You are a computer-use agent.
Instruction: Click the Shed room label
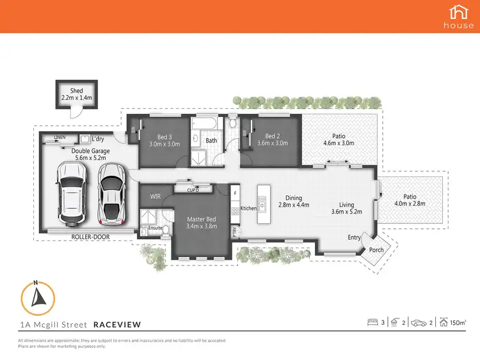tap(76, 91)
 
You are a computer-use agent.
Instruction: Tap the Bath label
tap(211, 140)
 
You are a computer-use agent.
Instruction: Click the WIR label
tap(156, 197)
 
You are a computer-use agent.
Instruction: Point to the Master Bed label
tap(202, 219)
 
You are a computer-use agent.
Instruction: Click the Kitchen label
tap(248, 208)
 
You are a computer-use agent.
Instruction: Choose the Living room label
tap(346, 205)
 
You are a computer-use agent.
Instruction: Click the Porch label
tap(377, 250)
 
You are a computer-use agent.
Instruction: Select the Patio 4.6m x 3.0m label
tap(339, 139)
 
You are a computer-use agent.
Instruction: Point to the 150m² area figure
tap(458, 323)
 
